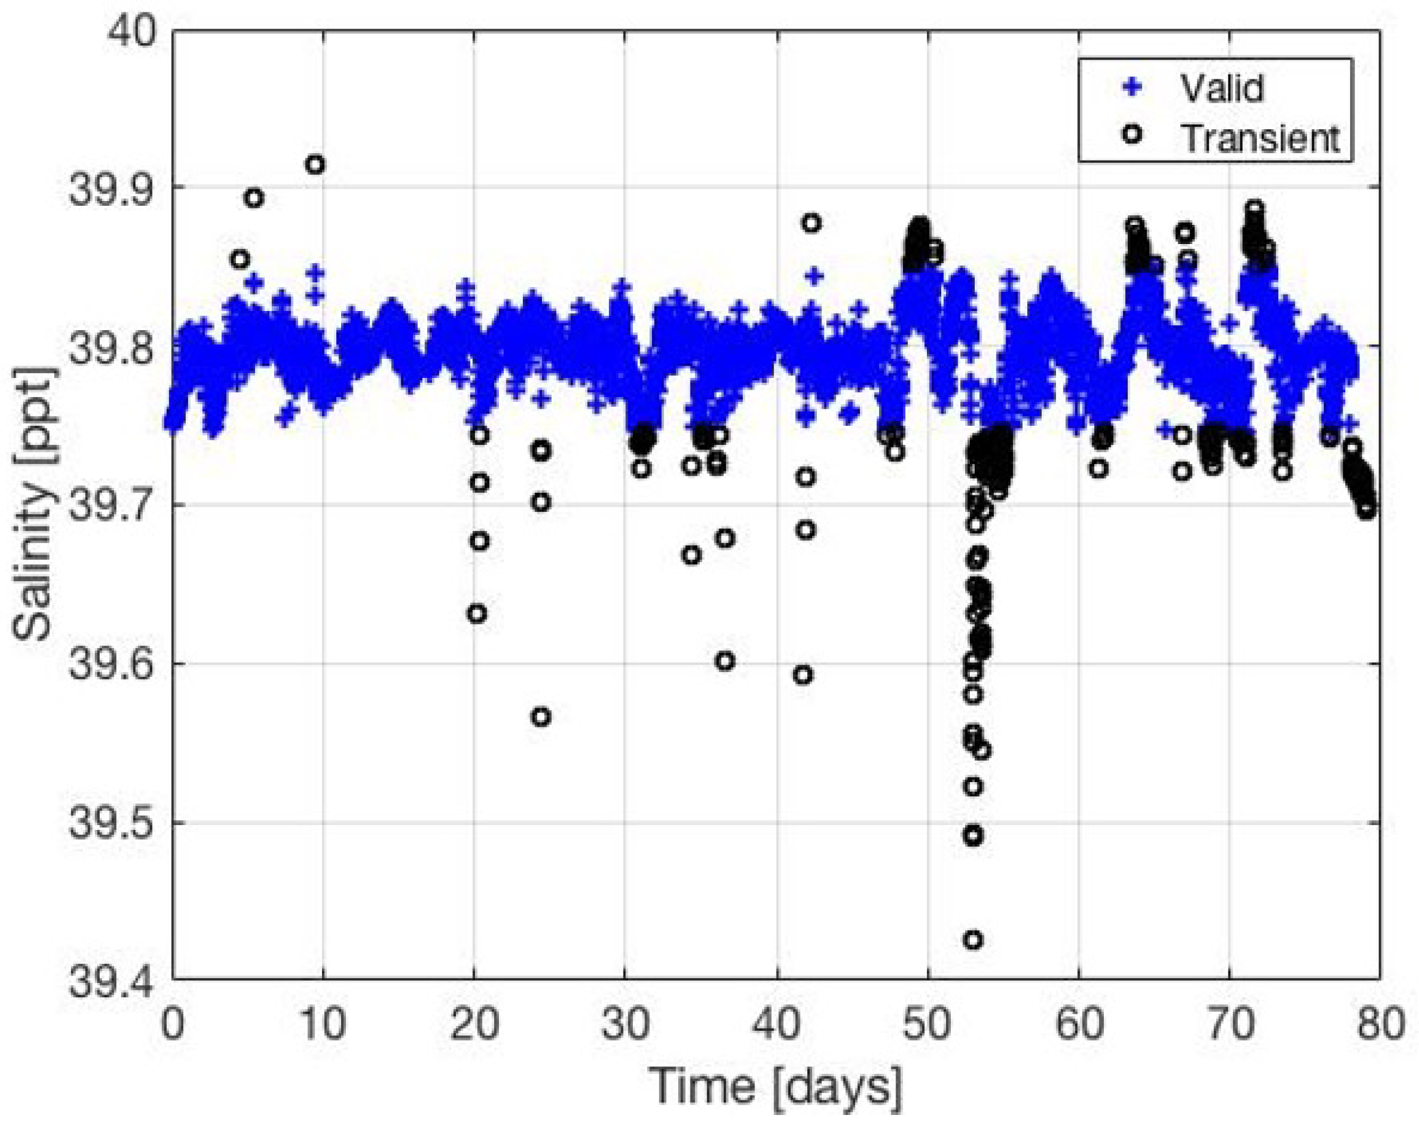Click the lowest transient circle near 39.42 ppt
tap(973, 940)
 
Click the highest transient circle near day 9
tap(314, 164)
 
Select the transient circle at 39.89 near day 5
tap(254, 198)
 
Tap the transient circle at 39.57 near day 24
tap(541, 717)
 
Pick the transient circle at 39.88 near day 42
tap(811, 223)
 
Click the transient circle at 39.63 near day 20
tap(477, 613)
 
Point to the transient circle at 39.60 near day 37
tap(725, 661)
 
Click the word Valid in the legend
tap(1222, 88)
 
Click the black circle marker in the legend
tap(1133, 134)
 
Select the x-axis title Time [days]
tap(775, 1086)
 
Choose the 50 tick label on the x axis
tap(928, 1024)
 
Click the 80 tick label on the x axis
tap(1379, 1024)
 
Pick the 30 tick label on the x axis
tap(625, 1024)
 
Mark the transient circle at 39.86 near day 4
tap(239, 259)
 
